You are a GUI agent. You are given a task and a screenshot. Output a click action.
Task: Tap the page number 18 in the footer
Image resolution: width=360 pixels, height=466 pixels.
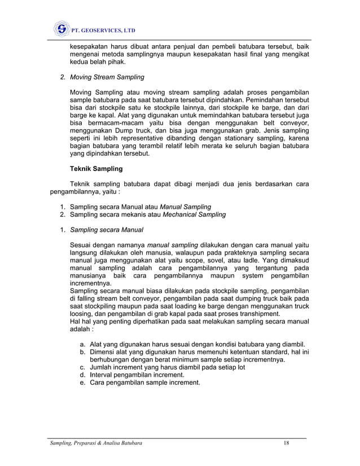pyautogui.click(x=287, y=444)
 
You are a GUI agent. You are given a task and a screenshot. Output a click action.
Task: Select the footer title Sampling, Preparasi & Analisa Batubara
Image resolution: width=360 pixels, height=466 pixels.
pyautogui.click(x=94, y=444)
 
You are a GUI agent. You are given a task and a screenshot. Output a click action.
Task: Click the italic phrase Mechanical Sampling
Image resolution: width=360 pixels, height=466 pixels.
pyautogui.click(x=194, y=214)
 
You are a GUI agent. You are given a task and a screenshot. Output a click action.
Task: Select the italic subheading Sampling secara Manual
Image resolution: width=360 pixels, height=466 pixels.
pyautogui.click(x=107, y=230)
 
